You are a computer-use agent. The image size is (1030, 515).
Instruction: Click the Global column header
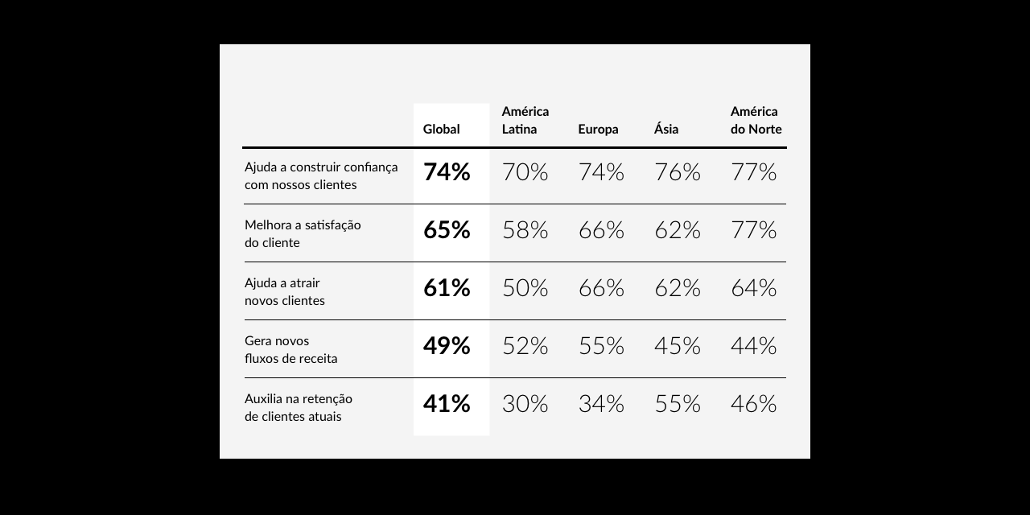point(442,130)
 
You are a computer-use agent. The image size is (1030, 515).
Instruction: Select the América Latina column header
point(525,121)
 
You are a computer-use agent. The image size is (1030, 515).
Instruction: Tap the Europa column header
point(598,130)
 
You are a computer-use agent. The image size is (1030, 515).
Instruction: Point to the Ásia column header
point(666,130)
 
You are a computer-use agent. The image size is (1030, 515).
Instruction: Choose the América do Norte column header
point(756,121)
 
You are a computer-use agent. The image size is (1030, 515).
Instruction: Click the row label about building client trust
point(321,175)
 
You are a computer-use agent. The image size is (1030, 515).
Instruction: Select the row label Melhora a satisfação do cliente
point(303,233)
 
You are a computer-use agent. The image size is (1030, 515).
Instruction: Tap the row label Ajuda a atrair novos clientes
point(285,291)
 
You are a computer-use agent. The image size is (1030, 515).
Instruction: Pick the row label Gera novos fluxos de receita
point(290,349)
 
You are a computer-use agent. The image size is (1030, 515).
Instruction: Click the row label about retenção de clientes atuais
point(299,407)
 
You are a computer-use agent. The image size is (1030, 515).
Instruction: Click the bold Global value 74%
point(447,172)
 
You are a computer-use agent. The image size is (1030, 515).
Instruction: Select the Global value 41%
point(447,404)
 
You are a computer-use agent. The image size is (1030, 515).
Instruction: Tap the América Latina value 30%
point(525,404)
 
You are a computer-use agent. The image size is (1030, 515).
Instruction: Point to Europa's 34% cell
point(601,404)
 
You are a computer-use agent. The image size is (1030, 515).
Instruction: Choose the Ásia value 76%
point(678,172)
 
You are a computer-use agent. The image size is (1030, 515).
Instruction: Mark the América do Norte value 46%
point(753,404)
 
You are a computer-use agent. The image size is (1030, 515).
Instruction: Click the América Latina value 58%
point(525,230)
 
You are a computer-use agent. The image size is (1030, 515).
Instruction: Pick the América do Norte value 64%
point(753,288)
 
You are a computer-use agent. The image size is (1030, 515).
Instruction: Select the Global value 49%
point(447,346)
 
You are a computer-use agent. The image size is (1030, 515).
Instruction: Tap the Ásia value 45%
point(678,346)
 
